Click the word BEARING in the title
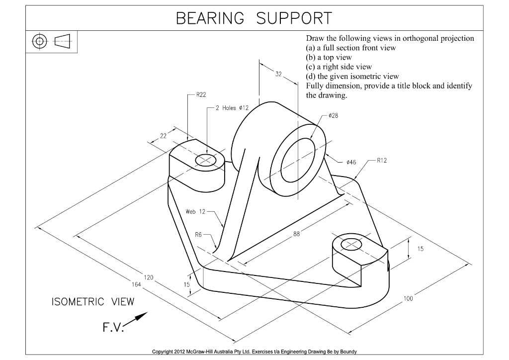click(x=210, y=19)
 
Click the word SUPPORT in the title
click(x=294, y=19)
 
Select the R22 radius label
click(x=201, y=94)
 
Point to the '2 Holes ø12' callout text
click(x=233, y=107)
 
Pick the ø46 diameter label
click(x=351, y=162)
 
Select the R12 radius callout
click(x=382, y=161)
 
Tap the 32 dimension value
click(x=278, y=74)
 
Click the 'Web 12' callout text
click(x=195, y=211)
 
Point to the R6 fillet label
click(x=198, y=234)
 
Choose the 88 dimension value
click(x=297, y=236)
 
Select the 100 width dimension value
click(x=408, y=299)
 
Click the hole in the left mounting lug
click(x=206, y=160)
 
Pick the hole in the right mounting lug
click(x=352, y=245)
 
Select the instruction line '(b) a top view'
click(x=329, y=57)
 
